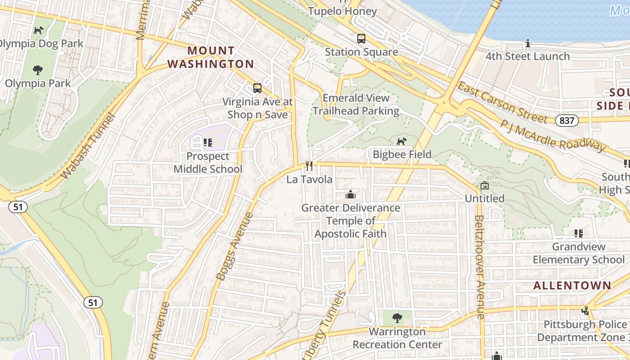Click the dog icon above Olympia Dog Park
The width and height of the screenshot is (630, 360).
click(39, 31)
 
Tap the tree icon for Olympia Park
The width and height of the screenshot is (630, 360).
click(38, 70)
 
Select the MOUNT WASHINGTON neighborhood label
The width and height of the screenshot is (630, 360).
click(211, 57)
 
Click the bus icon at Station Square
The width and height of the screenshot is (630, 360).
click(361, 39)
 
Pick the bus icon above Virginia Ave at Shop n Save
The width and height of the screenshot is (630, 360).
click(257, 88)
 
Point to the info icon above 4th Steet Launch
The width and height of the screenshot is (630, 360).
click(527, 44)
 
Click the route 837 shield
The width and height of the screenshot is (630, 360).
click(567, 120)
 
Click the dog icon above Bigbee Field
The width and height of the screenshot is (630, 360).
click(401, 141)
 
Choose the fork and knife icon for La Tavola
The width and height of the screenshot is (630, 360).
click(309, 166)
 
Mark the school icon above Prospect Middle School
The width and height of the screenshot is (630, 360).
click(207, 143)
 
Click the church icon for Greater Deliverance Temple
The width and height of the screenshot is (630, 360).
click(350, 194)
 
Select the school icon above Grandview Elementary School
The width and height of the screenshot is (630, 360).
click(578, 234)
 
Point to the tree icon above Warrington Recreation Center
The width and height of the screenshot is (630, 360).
click(397, 318)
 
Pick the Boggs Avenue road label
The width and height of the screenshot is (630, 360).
click(234, 247)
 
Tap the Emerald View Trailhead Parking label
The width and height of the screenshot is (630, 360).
click(356, 104)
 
